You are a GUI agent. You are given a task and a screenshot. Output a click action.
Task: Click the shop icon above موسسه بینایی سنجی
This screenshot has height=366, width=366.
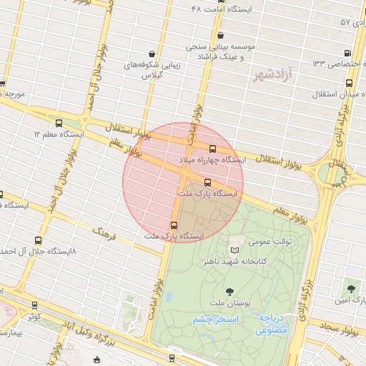[x=219, y=35]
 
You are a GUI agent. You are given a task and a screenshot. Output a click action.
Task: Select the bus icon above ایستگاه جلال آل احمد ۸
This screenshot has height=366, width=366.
[x=38, y=241]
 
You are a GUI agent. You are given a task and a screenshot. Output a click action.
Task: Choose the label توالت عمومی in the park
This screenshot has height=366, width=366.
[x=270, y=242]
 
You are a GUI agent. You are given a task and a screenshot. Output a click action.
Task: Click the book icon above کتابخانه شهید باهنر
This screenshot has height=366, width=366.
[x=236, y=250]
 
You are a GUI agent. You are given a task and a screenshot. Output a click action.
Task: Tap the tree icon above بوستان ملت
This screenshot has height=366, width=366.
[x=229, y=291]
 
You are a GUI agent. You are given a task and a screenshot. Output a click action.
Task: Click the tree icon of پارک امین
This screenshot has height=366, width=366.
[x=351, y=289]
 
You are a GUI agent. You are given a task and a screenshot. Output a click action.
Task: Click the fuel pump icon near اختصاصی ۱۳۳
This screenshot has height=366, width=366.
[x=347, y=53]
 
